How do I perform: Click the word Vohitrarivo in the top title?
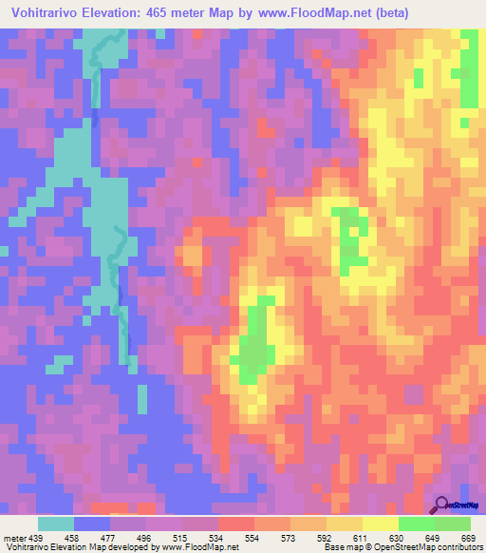[48, 14]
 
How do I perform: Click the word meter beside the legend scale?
[17, 537]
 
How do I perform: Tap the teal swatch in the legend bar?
[56, 524]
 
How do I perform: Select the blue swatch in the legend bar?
[92, 524]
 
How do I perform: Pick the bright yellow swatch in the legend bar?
[381, 524]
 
